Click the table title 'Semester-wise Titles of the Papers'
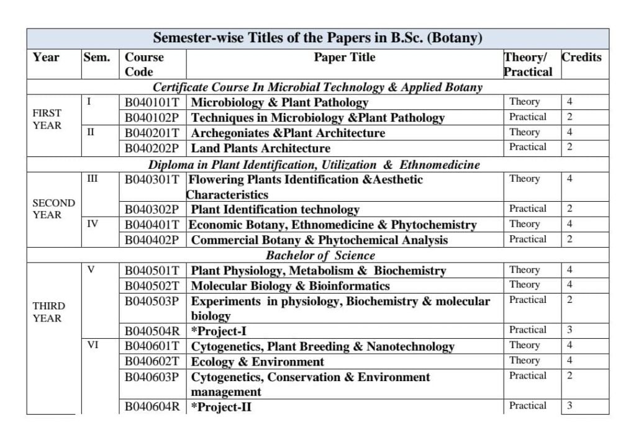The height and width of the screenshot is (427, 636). point(317,38)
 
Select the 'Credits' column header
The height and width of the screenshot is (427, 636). point(581,57)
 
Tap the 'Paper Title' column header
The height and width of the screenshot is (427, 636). point(345,57)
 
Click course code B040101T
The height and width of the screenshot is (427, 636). point(152,102)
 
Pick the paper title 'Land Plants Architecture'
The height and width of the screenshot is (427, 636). point(260,148)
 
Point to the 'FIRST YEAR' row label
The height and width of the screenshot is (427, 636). point(47,119)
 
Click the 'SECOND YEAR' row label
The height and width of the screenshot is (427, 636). point(53,209)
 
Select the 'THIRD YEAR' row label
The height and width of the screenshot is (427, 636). point(48,312)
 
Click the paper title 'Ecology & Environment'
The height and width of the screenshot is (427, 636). point(257,362)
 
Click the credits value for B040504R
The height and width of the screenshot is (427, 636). point(569,330)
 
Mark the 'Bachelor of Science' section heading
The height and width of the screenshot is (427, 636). point(320,255)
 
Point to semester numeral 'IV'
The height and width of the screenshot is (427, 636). point(91,224)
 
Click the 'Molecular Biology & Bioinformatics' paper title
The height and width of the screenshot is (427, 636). point(290,286)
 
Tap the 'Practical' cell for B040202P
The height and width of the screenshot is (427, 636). point(527,147)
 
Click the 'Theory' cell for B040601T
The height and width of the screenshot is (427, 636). point(524,345)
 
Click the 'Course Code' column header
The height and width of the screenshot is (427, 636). point(145,64)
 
